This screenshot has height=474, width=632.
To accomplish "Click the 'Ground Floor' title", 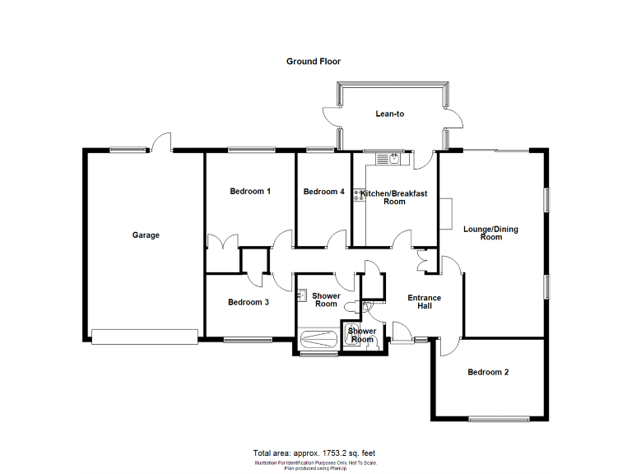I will (313, 62).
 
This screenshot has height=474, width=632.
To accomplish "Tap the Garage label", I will (146, 235).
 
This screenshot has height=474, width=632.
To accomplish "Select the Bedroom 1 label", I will (250, 192).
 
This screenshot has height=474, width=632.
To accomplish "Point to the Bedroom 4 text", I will (323, 192).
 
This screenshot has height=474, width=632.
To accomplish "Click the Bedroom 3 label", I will (249, 302).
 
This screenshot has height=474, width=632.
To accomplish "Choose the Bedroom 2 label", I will (488, 372).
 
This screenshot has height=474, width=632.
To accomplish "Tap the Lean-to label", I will (390, 114).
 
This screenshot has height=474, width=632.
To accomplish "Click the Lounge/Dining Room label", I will (490, 233).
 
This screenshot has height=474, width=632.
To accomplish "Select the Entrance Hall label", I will (425, 302).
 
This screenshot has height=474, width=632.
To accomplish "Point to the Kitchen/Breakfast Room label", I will (395, 197).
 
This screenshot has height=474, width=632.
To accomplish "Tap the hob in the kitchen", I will (359, 195).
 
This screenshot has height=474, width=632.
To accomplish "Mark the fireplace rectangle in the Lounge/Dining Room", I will (445, 213).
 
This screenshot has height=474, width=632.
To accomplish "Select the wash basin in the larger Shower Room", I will (302, 293).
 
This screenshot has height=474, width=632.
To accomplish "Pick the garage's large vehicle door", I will (145, 337).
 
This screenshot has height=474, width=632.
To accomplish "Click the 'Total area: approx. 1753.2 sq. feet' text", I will (314, 453).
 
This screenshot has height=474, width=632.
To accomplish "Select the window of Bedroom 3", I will (248, 340).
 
